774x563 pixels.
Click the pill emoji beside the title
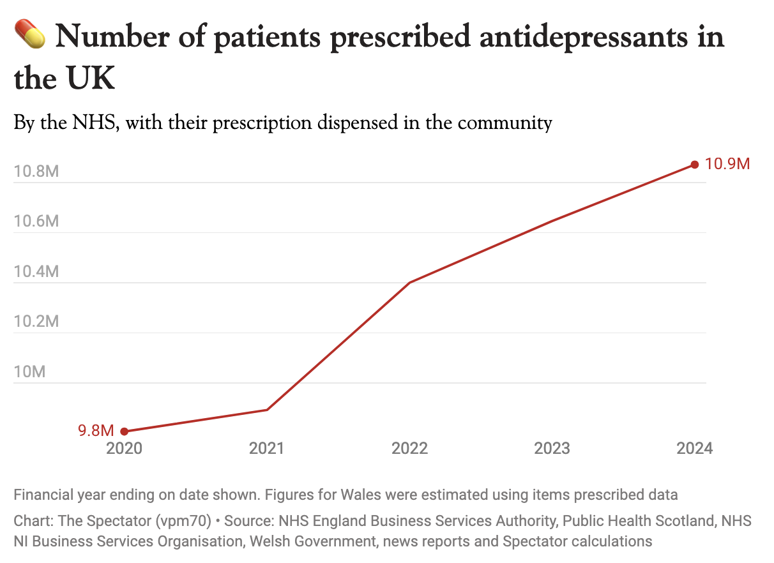coord(29,36)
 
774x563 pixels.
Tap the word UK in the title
coord(89,80)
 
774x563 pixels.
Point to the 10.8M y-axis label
coord(36,172)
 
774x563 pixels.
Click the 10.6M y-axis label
coord(36,221)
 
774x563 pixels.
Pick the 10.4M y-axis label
coord(36,272)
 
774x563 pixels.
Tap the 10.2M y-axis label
coord(36,322)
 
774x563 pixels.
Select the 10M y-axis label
coord(29,372)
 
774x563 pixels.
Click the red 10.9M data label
coord(727,164)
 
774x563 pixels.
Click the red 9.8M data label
coord(96,431)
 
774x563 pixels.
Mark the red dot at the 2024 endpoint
coord(695,165)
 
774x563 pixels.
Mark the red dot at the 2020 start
coord(124,432)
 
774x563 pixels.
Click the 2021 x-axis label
coord(267,448)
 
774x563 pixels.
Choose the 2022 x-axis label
coord(409,448)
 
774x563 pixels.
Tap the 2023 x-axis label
coord(552,448)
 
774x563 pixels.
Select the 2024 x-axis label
coord(695,448)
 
